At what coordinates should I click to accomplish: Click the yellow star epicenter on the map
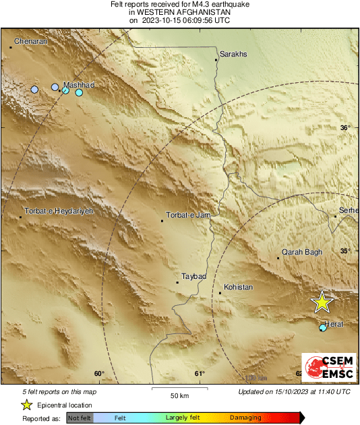pos(322,302)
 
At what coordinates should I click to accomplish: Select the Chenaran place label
pos(30,42)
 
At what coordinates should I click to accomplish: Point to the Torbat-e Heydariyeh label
pos(58,211)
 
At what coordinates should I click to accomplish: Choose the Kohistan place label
pos(238,288)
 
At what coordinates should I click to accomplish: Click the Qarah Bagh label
pos(302,253)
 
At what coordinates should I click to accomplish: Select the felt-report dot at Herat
pos(322,328)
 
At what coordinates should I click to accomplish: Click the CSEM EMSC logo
pos(328,368)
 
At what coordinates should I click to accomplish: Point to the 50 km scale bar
pos(178,389)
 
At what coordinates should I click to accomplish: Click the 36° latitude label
pos(345,128)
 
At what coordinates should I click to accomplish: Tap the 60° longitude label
pos(99,374)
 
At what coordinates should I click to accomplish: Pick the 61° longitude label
pos(200,374)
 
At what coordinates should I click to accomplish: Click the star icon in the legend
pos(27,405)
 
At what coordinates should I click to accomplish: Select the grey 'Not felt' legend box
pos(80,418)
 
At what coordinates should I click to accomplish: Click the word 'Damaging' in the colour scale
pos(245,418)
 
